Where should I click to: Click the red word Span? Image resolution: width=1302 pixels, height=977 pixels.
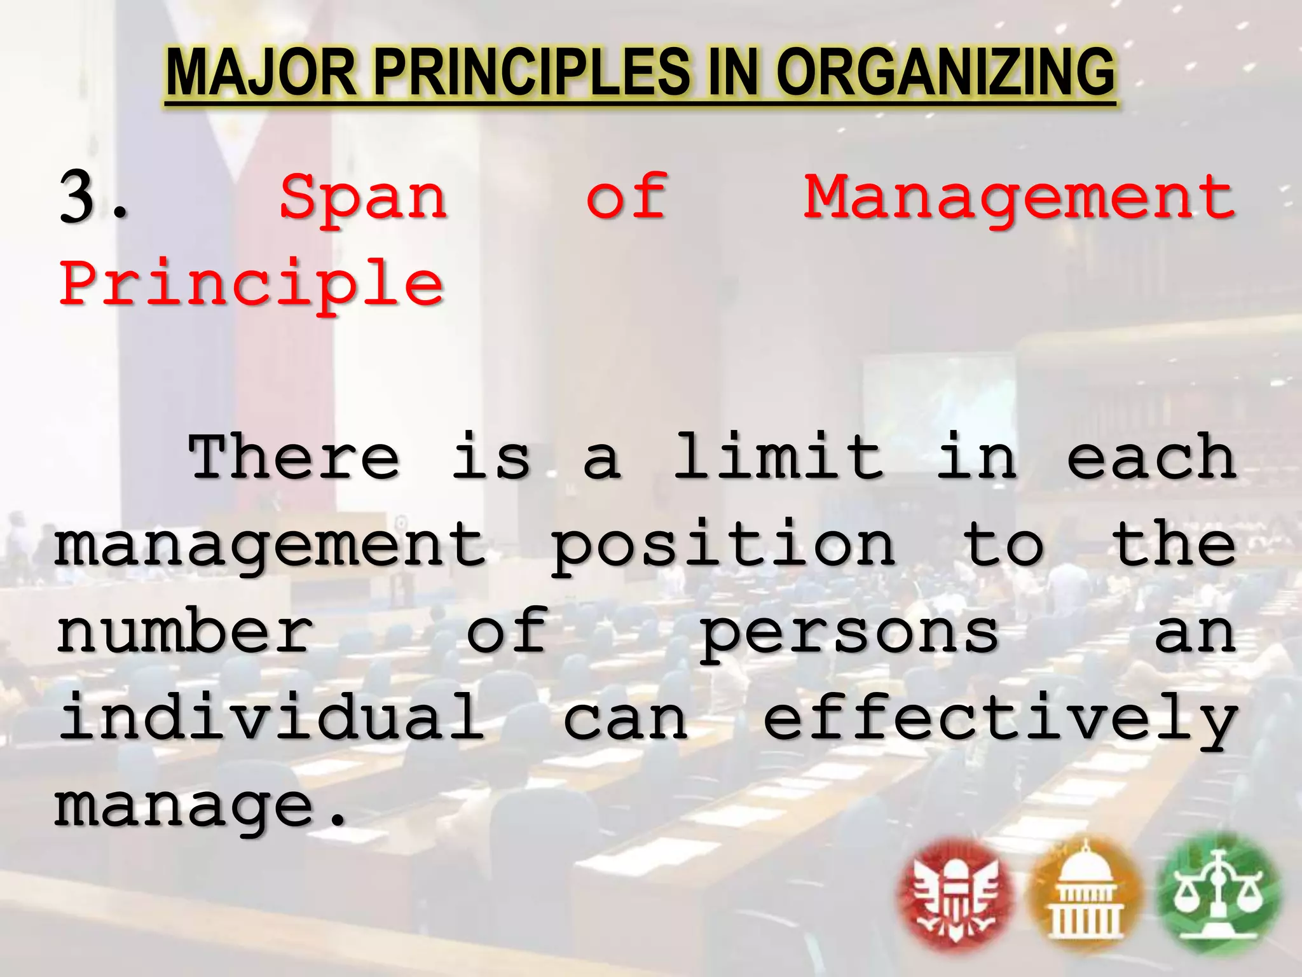(364, 198)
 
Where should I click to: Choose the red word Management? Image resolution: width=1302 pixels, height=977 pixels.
(1019, 198)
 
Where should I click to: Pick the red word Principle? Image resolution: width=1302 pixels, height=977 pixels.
(252, 284)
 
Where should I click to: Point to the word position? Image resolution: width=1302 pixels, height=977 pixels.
(723, 546)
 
